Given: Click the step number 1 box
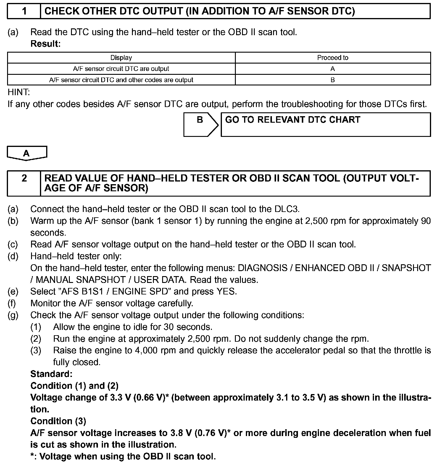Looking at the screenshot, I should pos(24,11).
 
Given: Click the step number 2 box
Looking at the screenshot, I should pos(24,183).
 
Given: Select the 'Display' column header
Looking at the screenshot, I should pos(121,58).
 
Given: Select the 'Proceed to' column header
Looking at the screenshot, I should pos(333,58).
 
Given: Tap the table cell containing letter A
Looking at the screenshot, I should pos(333,69).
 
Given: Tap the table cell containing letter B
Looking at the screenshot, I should pos(333,80).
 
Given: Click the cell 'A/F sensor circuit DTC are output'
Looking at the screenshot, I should pos(121,69).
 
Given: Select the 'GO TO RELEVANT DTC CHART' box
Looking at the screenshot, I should pos(325,124).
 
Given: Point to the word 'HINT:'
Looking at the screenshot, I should pos(19,92).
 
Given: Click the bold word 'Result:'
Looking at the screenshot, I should pos(46,44).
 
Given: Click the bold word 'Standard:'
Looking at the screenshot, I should pos(51,374).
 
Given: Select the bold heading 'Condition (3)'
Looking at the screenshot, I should pos(58,421).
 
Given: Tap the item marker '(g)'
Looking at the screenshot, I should pos(13,315).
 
